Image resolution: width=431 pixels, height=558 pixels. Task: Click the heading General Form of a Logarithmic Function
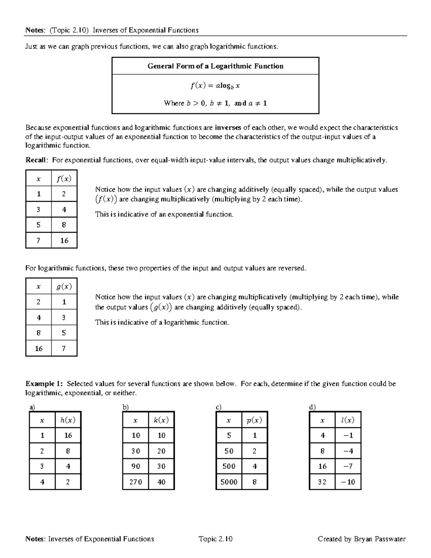point(215,66)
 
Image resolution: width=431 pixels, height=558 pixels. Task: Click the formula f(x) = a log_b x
point(215,86)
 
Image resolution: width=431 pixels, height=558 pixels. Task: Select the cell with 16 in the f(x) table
point(64,240)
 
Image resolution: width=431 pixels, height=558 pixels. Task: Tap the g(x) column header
point(64,286)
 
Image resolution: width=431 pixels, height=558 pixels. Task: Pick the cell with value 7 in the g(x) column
point(64,348)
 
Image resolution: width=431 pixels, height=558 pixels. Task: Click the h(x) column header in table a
point(68,420)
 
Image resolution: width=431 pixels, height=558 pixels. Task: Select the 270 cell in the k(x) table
point(135,482)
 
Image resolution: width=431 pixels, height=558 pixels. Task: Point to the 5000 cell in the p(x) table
point(229,482)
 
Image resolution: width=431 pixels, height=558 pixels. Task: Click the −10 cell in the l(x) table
point(348,482)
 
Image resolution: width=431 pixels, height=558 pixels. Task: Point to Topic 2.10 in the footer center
point(215,539)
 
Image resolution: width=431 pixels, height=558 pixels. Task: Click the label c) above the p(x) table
point(218,407)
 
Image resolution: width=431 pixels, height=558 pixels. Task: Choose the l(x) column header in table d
point(348,420)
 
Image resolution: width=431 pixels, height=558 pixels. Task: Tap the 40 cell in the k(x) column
point(161,482)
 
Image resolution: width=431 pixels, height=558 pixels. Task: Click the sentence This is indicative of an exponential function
point(164,215)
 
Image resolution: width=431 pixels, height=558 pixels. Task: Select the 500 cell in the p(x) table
point(229,466)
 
